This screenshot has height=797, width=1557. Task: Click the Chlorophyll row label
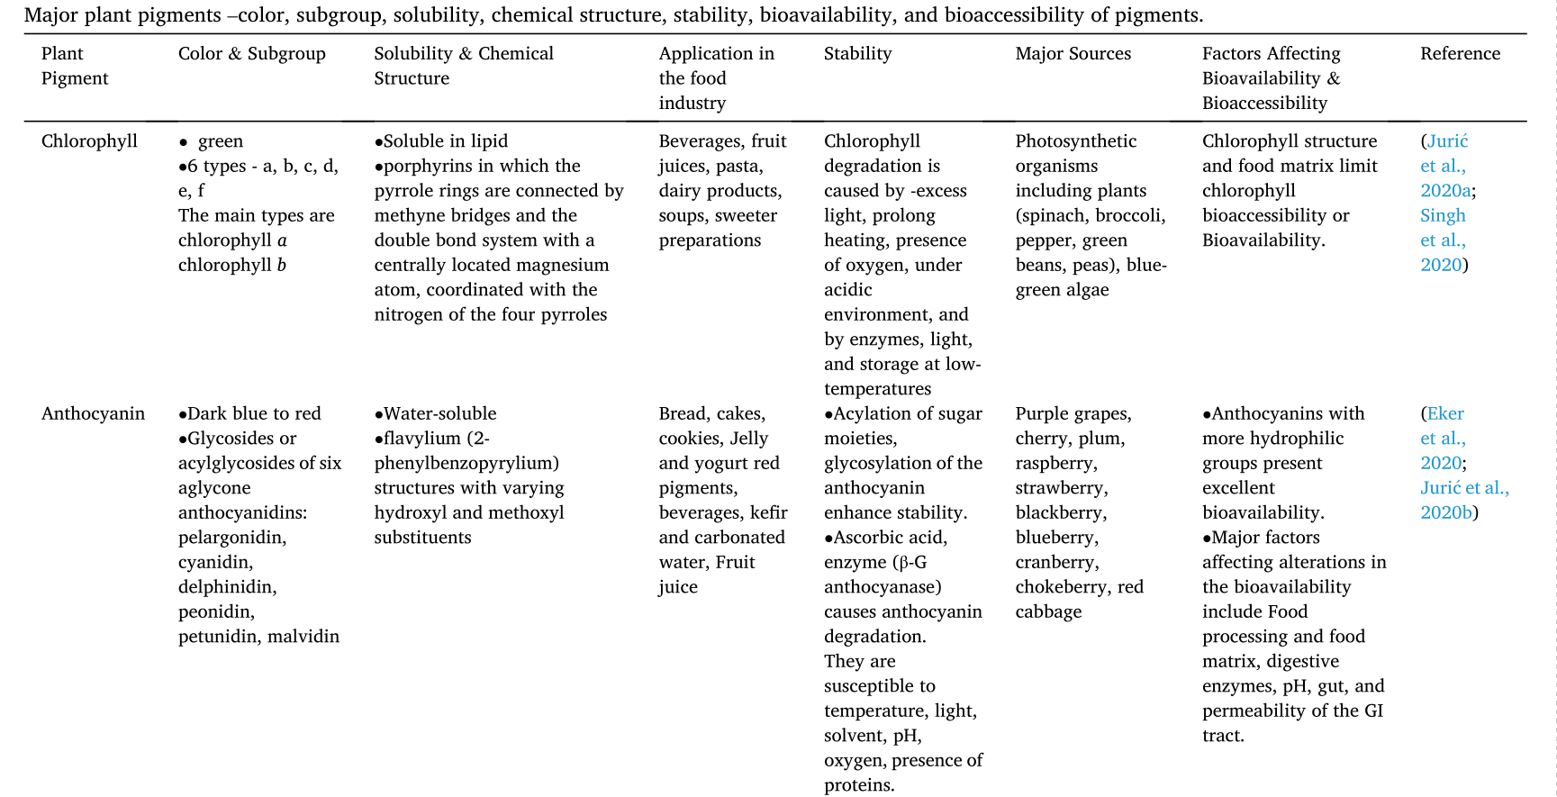tap(89, 141)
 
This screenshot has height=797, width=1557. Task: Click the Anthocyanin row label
tap(93, 414)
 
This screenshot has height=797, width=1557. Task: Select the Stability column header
tap(857, 54)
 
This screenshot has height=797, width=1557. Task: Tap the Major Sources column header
tap(1073, 54)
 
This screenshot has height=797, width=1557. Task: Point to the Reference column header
tap(1460, 54)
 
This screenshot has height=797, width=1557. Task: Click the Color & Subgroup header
tap(251, 54)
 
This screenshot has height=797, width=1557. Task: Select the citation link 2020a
tap(1445, 191)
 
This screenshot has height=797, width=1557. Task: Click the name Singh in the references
tap(1443, 216)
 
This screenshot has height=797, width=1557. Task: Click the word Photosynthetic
tap(1075, 141)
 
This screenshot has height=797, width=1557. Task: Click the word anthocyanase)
tap(883, 587)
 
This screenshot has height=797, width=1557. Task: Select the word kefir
tap(768, 513)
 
